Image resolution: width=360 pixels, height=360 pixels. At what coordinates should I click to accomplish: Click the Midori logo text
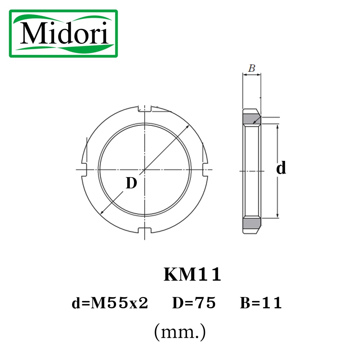click(64, 33)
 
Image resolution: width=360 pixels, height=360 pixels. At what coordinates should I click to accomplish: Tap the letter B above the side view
click(252, 68)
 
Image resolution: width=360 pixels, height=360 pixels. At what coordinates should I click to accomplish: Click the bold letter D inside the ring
click(131, 183)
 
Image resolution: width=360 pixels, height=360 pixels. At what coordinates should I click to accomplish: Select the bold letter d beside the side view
click(281, 168)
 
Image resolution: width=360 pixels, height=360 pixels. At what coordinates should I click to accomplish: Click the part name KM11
click(192, 274)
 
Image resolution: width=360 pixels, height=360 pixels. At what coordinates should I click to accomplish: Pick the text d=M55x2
click(110, 303)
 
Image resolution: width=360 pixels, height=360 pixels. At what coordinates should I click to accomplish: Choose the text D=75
click(194, 303)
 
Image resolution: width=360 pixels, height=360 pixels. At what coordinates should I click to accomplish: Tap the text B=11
click(261, 303)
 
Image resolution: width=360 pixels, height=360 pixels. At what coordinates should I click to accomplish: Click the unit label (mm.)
click(180, 332)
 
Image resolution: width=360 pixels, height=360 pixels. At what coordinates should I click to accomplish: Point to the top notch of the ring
click(144, 109)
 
